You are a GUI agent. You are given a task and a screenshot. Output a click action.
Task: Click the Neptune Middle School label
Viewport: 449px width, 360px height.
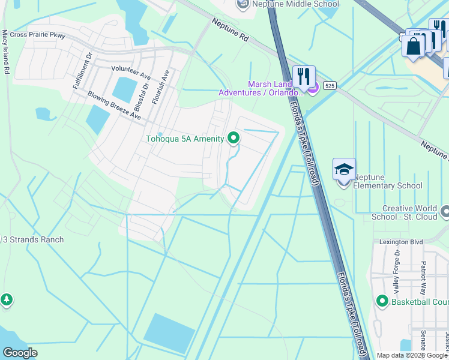coord(295,4)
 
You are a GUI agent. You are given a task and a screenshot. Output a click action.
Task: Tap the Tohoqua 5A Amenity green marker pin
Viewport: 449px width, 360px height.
coord(234,139)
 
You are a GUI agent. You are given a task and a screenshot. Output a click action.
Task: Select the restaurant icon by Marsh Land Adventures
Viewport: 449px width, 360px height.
coord(304,77)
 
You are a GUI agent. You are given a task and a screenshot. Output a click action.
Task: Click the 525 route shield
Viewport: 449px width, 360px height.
coord(329,86)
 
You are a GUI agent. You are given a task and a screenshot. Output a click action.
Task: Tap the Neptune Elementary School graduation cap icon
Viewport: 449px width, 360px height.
coord(344,170)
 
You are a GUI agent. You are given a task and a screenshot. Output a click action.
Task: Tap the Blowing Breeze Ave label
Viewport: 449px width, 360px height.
coord(114,105)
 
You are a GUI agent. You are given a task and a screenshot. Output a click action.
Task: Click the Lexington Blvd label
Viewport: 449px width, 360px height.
coord(397,242)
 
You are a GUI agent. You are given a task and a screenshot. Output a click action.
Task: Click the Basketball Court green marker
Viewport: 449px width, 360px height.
coord(382,301)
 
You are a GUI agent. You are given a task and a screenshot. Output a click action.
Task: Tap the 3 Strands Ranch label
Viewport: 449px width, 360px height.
coord(33,240)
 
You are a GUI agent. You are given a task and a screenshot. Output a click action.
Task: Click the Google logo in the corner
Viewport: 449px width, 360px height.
coord(20,353)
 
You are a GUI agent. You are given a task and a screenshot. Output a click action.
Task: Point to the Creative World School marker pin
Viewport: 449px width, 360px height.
coord(445,212)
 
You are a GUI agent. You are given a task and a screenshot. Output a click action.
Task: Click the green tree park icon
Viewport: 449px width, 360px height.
coord(6,299)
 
